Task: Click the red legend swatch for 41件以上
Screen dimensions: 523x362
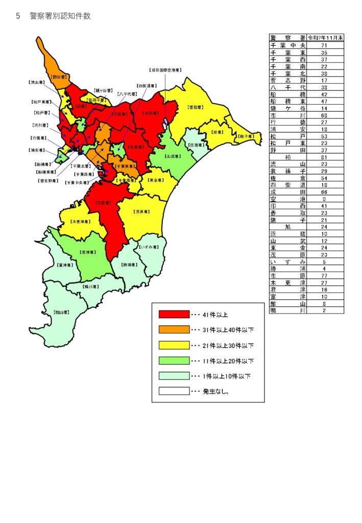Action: [174, 314]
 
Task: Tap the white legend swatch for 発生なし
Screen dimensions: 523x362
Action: [174, 392]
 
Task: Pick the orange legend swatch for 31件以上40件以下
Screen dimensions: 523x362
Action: [174, 330]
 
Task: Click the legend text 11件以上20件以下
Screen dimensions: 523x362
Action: [228, 361]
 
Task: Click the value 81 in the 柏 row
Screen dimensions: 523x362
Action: [324, 157]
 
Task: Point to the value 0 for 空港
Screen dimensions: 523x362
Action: [324, 199]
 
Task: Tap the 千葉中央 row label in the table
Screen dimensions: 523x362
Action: [288, 45]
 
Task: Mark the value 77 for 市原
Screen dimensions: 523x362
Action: [324, 275]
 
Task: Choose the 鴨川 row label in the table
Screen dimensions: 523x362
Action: [288, 310]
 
